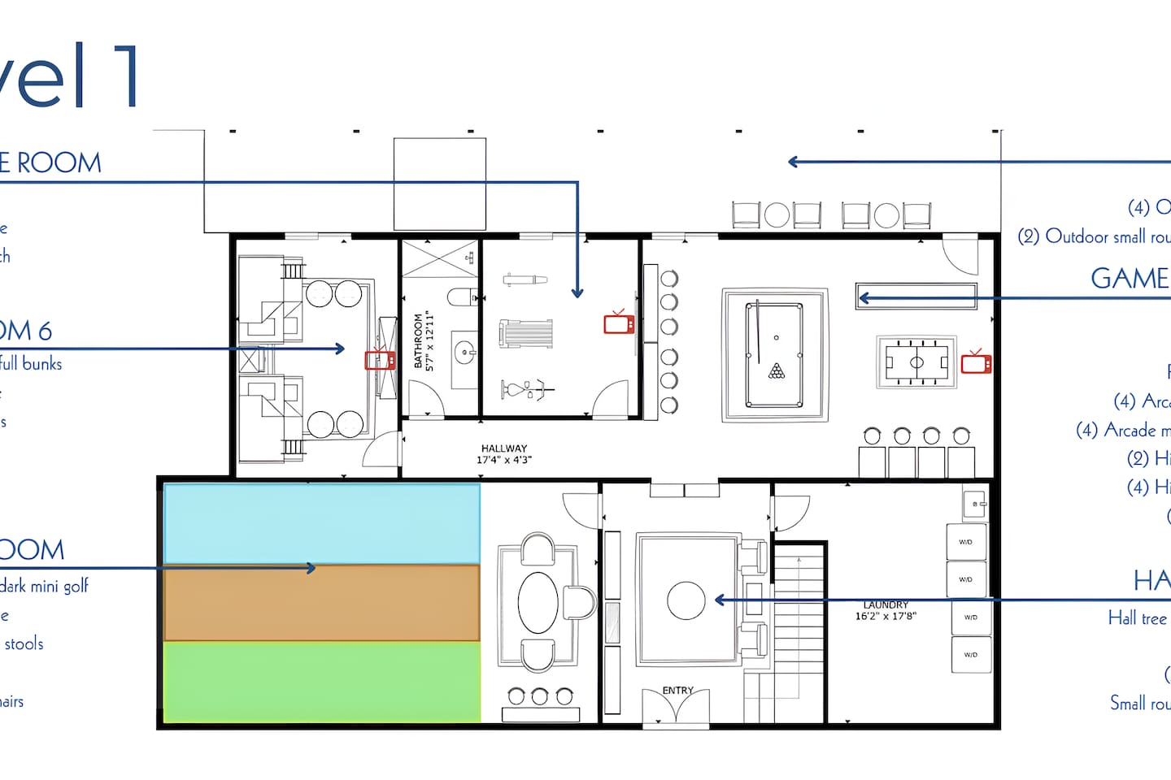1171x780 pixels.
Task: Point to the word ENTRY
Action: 677,691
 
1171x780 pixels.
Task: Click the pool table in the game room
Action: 775,355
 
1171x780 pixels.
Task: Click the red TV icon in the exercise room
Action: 619,323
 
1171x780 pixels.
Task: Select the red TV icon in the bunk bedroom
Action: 379,359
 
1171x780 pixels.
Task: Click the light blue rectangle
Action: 322,523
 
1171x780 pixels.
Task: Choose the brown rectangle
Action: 322,603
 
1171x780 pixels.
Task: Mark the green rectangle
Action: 322,681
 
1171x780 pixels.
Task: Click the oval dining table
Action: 538,602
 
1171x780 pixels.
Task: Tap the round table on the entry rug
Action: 686,600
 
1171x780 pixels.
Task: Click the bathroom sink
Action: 465,352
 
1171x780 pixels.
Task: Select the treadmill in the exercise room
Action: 526,333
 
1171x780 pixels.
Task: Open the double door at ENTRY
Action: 676,707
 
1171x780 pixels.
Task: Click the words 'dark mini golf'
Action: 45,586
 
